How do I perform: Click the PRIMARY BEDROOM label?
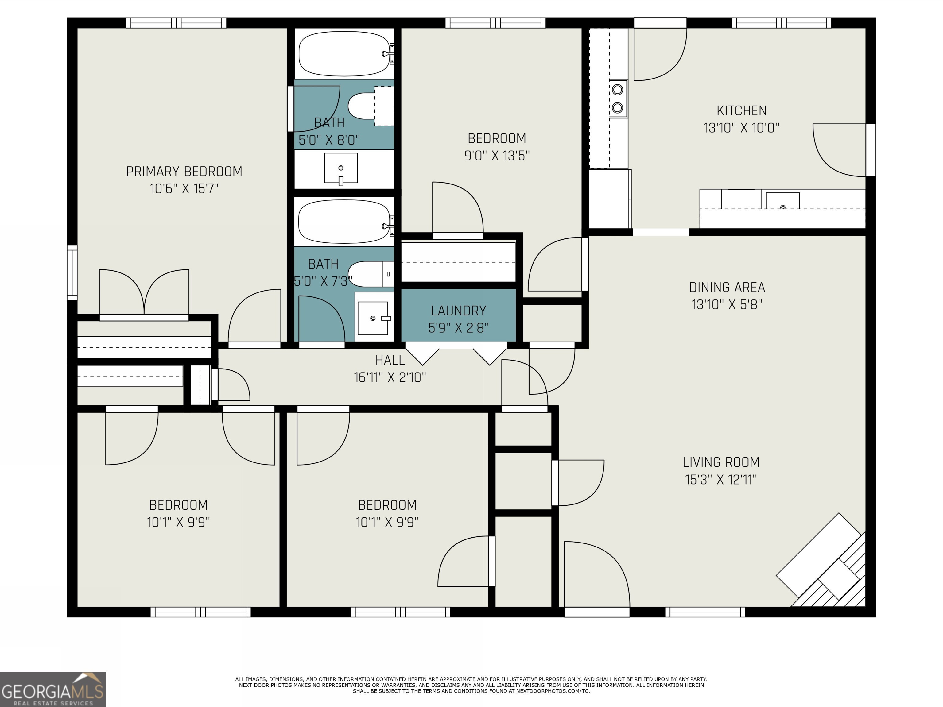[184, 171]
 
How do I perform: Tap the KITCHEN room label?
[741, 111]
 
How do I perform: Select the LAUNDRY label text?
[458, 311]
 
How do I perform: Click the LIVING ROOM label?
[721, 462]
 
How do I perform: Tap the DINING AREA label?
[727, 288]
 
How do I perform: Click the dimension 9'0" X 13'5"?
[497, 156]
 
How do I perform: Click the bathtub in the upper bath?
[345, 54]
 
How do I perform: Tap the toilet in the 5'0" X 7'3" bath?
[371, 274]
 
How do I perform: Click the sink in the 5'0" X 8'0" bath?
[341, 168]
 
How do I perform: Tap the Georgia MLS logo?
[53, 689]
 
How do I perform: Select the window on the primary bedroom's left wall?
[72, 273]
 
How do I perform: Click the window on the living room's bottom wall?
[705, 612]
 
